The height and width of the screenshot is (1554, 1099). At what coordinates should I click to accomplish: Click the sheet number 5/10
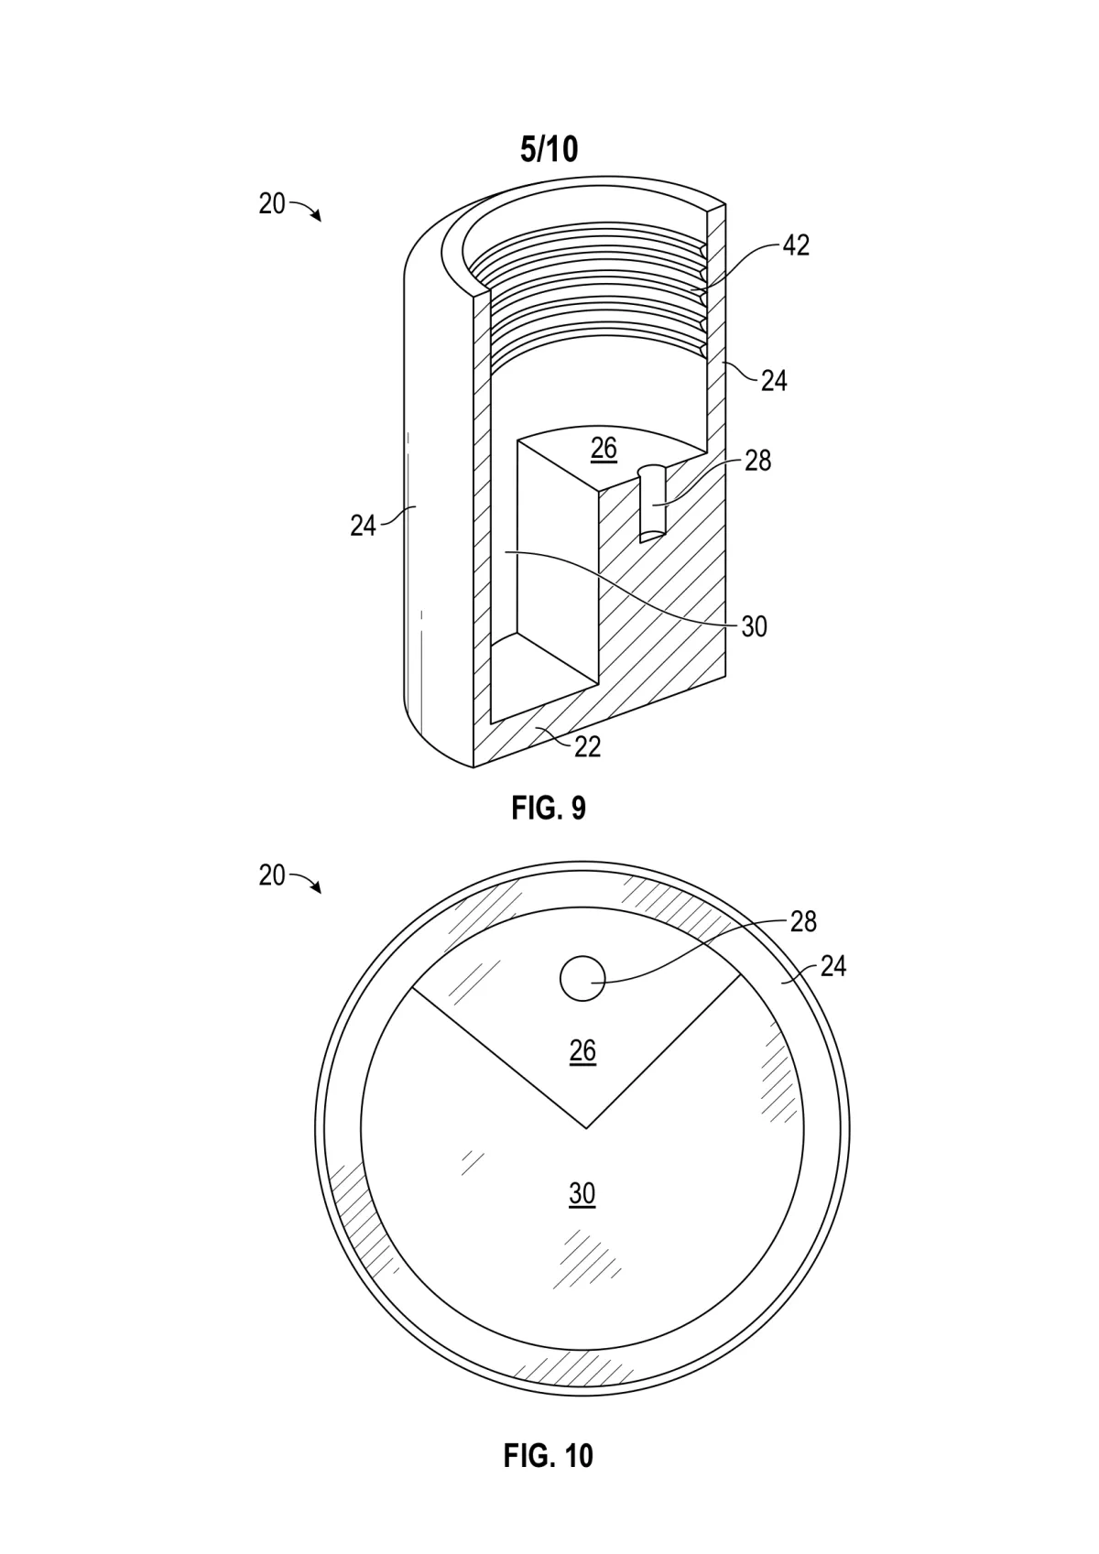549,150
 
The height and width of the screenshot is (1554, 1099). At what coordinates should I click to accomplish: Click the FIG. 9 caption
548,809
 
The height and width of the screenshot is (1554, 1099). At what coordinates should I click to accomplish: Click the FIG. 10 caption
548,1455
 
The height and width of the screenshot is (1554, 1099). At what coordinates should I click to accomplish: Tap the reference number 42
796,245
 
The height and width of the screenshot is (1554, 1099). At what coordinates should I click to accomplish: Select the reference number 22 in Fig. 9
588,746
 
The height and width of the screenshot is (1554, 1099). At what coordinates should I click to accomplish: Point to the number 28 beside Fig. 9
757,461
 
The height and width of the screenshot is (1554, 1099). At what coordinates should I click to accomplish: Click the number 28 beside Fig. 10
803,921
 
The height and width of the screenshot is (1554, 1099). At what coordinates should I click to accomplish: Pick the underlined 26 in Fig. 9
604,450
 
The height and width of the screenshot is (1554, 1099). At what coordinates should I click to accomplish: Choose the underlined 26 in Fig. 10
582,1051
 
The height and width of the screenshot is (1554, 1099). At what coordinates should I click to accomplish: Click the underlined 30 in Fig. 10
582,1193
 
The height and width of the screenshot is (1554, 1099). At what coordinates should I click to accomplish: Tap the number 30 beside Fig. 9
754,626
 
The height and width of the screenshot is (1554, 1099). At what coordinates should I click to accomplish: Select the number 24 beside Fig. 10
833,966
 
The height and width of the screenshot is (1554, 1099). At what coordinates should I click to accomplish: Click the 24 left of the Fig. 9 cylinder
363,526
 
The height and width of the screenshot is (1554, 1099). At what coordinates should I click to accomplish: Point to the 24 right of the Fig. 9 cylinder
774,381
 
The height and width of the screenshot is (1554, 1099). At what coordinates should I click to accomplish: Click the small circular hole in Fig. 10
582,978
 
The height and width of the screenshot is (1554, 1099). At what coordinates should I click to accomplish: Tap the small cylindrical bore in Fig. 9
652,503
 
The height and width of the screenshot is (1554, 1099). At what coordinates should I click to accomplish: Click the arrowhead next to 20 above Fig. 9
317,217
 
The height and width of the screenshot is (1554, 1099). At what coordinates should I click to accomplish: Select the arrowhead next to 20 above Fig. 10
317,888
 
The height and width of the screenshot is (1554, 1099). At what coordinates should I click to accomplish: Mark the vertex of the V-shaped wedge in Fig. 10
586,1128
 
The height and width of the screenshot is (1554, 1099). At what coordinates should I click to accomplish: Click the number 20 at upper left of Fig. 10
272,875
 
